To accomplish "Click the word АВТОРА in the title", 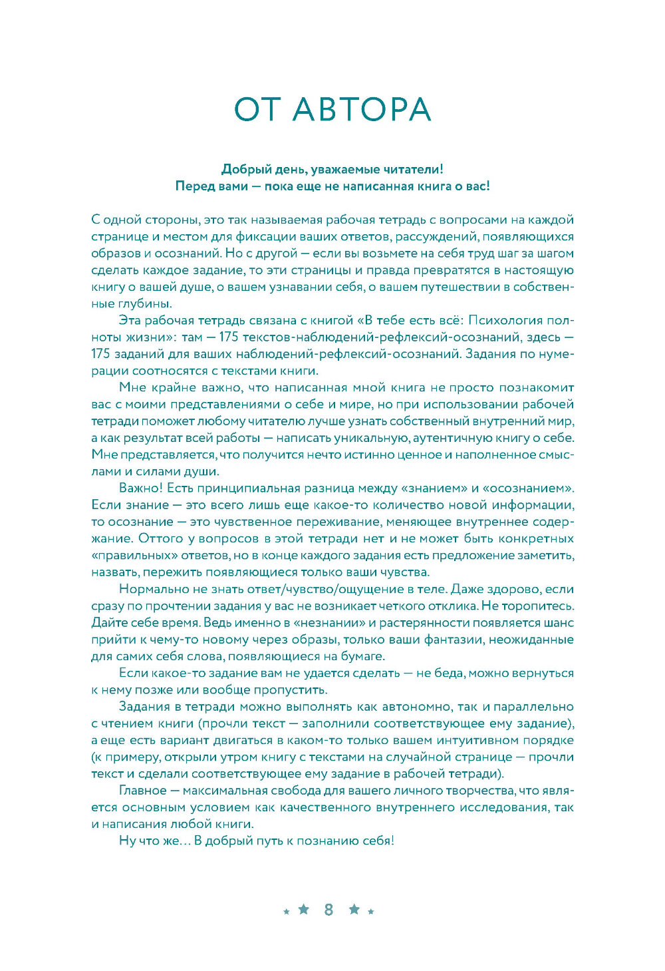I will tap(362, 110).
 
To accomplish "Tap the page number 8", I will tap(329, 910).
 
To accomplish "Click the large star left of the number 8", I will tap(304, 909).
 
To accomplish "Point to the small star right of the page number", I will tap(371, 912).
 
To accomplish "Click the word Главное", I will tap(142, 791).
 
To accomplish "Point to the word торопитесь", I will tap(539, 606).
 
